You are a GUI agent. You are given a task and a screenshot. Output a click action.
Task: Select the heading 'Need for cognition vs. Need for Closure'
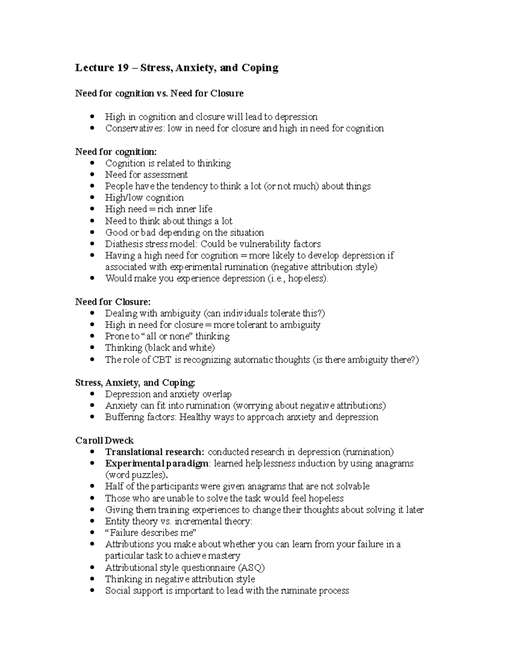point(159,93)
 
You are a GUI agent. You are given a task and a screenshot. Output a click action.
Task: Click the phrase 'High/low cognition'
point(144,198)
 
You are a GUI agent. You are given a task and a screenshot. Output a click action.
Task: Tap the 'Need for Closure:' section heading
point(113,302)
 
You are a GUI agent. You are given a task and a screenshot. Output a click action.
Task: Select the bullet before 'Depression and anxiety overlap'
point(92,394)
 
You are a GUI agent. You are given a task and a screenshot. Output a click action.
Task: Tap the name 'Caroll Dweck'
point(105,441)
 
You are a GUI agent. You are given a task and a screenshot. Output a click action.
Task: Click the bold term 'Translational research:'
point(155,452)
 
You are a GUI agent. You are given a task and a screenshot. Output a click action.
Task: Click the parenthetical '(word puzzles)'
point(136,475)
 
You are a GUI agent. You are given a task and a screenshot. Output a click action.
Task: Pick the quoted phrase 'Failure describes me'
point(150,533)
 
